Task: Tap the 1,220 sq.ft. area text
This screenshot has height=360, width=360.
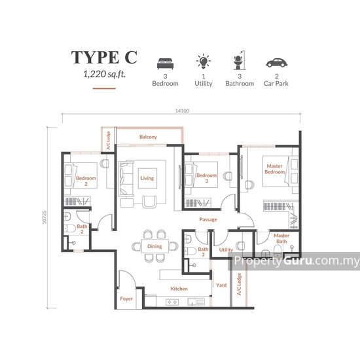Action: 105,75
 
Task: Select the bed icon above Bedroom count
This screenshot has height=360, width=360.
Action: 165,64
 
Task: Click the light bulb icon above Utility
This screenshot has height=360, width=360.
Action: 203,63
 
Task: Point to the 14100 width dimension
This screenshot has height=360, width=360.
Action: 182,111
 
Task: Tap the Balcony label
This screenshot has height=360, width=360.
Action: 148,137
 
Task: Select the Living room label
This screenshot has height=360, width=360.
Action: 147,177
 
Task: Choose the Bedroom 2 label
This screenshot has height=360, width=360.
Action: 86,181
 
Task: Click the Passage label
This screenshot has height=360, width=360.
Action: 208,220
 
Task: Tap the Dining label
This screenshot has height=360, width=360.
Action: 154,246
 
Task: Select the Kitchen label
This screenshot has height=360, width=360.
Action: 179,289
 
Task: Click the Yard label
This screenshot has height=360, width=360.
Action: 221,285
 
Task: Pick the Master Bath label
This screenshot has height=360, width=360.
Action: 282,239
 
